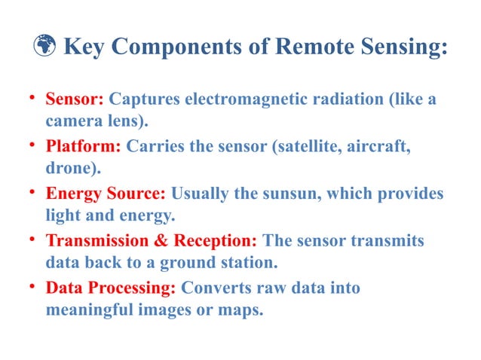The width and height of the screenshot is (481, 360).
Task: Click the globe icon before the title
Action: (47, 47)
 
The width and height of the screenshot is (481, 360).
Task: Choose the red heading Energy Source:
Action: (106, 193)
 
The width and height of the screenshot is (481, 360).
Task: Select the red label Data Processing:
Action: (111, 287)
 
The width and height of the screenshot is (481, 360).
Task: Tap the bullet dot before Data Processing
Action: (33, 285)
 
